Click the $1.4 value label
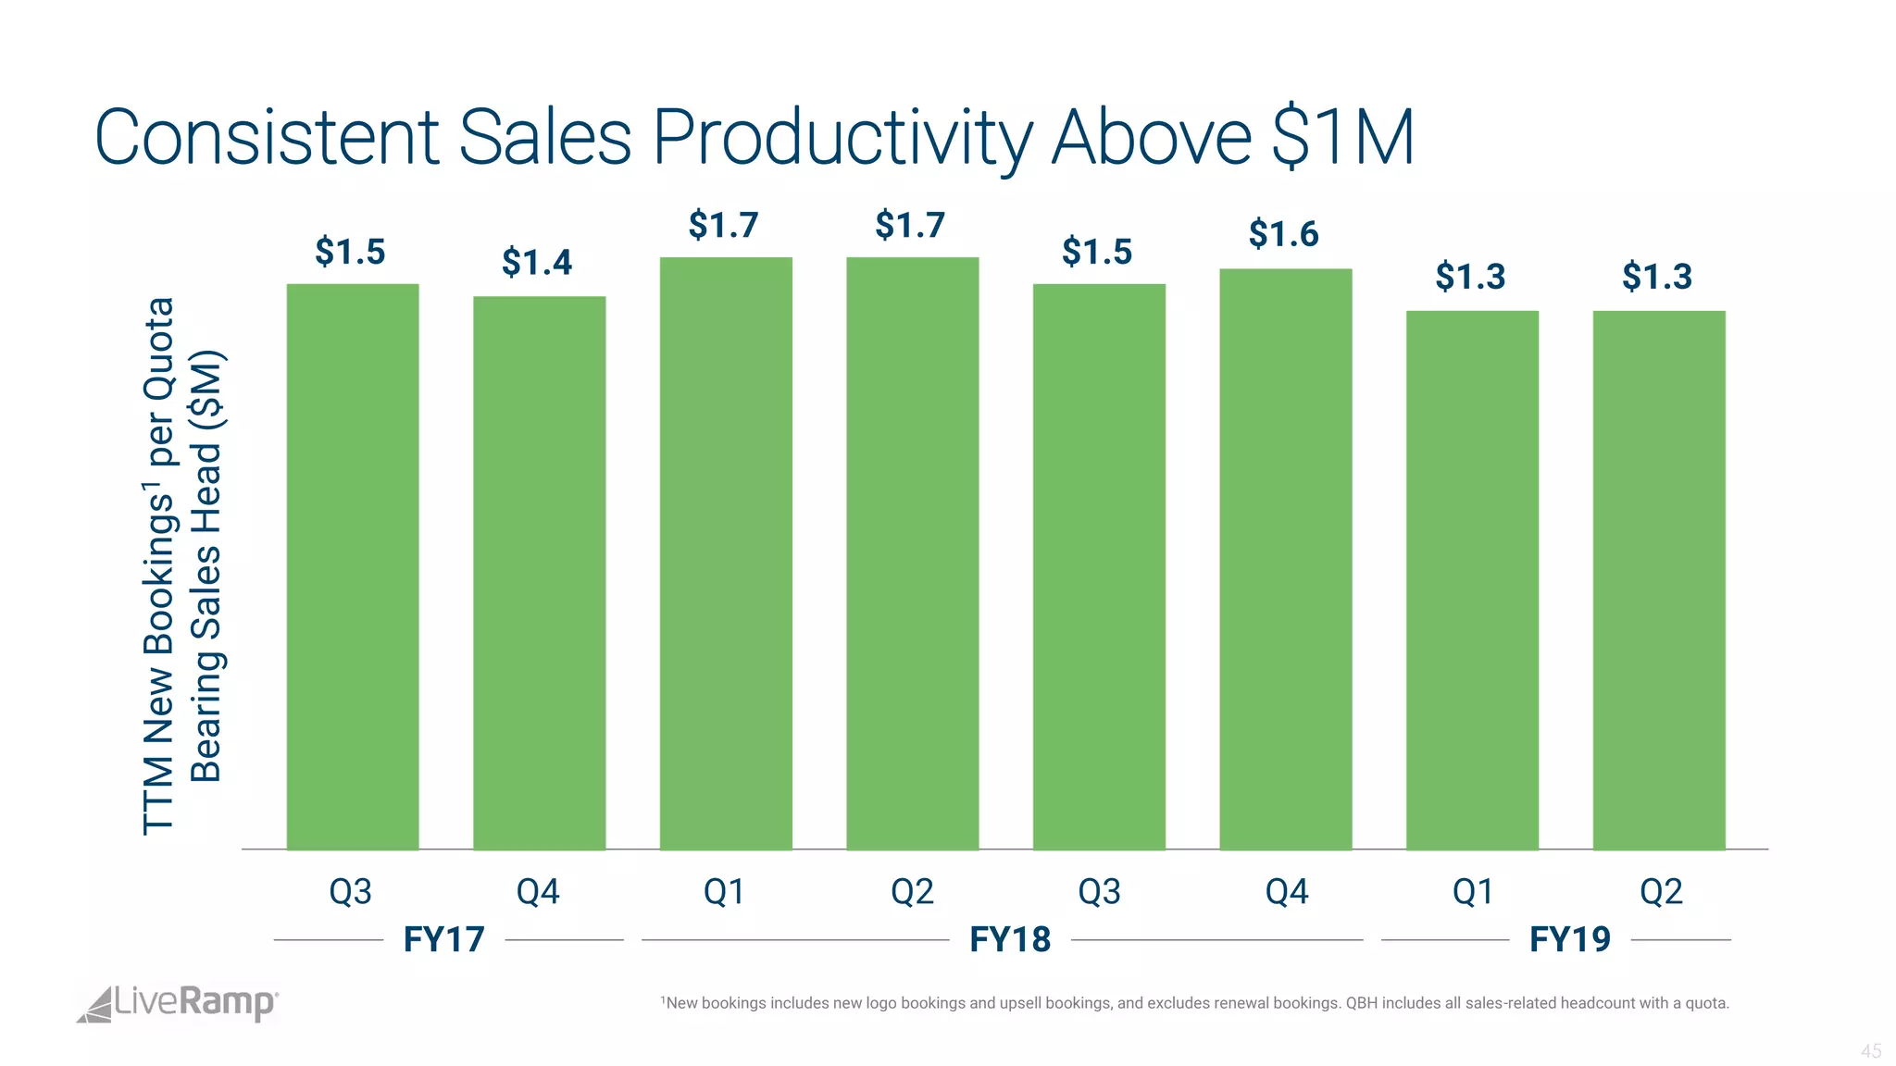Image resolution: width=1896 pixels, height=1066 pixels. point(537,263)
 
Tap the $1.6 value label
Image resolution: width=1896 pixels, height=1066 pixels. point(1283,234)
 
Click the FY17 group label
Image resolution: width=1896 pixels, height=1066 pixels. point(444,939)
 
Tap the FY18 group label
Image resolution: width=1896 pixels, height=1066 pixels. point(1010,939)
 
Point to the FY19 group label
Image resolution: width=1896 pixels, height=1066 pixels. point(1570,939)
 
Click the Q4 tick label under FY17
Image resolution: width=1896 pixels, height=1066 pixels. point(538,892)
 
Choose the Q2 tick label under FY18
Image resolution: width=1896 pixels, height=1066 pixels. point(912,892)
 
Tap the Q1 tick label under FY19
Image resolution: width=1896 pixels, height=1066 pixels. point(1473,892)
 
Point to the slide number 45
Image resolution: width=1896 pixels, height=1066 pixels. point(1871,1051)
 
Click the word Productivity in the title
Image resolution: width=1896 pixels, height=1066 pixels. point(842,139)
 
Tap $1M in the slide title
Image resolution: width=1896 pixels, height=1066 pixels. point(1343,139)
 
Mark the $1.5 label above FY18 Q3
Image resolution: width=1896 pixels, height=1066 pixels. point(1097,252)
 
